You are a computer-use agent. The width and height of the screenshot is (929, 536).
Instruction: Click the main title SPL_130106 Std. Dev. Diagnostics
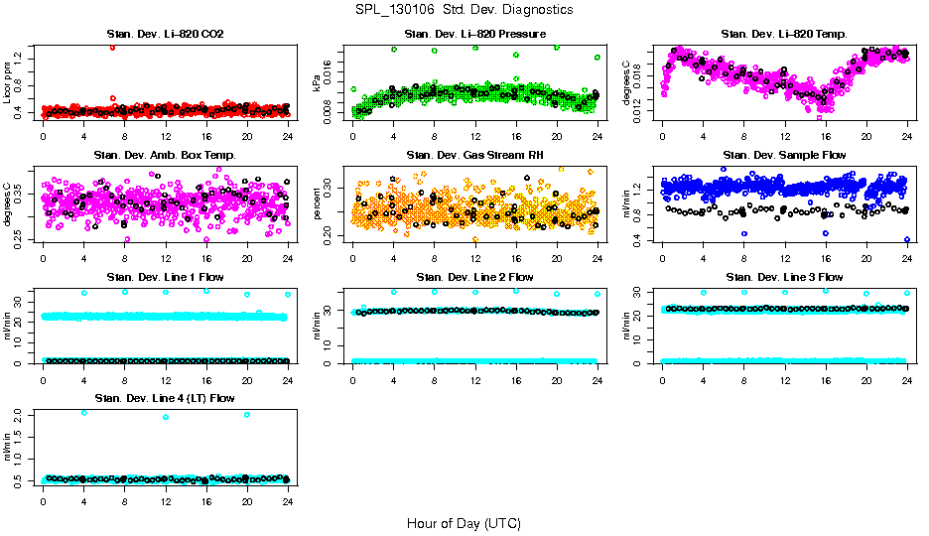pyautogui.click(x=464, y=9)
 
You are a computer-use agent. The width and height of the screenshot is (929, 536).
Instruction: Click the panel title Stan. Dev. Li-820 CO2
pyautogui.click(x=165, y=34)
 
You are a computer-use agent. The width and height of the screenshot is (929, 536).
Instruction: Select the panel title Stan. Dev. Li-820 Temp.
pyautogui.click(x=784, y=34)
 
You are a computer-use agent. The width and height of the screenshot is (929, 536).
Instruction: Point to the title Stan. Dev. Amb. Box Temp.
pyautogui.click(x=165, y=155)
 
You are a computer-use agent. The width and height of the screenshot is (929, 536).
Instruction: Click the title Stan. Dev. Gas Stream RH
pyautogui.click(x=474, y=155)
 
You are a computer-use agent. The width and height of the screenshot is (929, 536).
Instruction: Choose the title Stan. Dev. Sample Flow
pyautogui.click(x=784, y=155)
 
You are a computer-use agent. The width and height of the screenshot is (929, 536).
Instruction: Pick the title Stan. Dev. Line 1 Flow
pyautogui.click(x=165, y=276)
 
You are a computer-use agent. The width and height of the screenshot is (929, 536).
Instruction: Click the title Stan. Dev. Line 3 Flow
pyautogui.click(x=784, y=276)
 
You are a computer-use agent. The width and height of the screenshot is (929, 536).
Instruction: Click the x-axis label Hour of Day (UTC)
pyautogui.click(x=464, y=522)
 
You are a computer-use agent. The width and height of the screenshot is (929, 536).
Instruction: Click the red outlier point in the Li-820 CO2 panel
pyautogui.click(x=112, y=48)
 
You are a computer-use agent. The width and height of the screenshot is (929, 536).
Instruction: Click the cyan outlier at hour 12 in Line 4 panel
pyautogui.click(x=165, y=417)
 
